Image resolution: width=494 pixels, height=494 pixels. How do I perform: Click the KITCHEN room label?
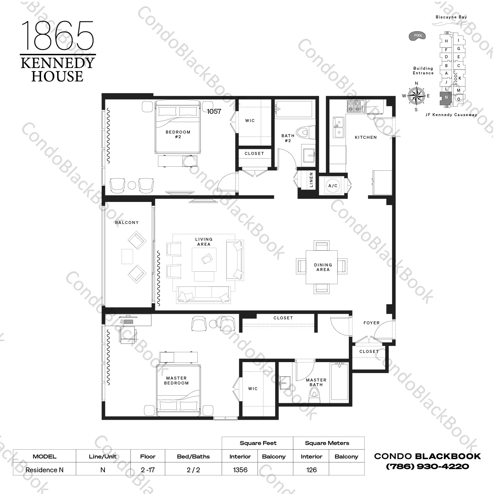(366, 137)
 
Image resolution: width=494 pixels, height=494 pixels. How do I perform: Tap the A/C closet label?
(333, 186)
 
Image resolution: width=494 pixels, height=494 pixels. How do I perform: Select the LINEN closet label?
(311, 180)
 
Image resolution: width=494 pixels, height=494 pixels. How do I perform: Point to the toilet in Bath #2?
(303, 133)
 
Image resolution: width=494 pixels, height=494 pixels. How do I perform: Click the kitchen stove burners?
(355, 106)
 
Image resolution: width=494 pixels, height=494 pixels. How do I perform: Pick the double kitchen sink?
(339, 127)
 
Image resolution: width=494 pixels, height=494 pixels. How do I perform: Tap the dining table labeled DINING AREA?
(322, 267)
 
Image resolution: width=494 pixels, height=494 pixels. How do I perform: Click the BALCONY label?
(127, 223)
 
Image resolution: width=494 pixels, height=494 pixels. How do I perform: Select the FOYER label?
(371, 323)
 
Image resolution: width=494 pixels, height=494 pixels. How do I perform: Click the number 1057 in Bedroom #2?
(214, 111)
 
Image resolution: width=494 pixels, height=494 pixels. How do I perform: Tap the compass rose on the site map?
(416, 96)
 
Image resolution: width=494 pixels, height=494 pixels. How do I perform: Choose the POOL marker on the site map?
(417, 36)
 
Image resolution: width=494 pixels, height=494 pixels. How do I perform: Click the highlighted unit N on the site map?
(446, 98)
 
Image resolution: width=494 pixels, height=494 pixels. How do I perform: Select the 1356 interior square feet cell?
(240, 470)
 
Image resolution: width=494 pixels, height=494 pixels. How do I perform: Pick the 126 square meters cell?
(311, 470)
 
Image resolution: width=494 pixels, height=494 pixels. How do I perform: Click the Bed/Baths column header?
(193, 457)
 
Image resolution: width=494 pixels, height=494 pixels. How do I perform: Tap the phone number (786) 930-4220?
(427, 466)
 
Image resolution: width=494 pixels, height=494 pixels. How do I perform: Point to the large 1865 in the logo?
(57, 36)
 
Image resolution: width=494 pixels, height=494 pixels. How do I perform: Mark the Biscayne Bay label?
(451, 17)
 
